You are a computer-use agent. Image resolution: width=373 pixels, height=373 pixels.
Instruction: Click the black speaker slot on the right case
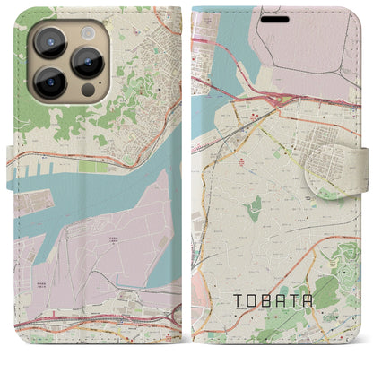276,19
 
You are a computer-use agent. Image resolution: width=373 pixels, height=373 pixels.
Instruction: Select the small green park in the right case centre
256,209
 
